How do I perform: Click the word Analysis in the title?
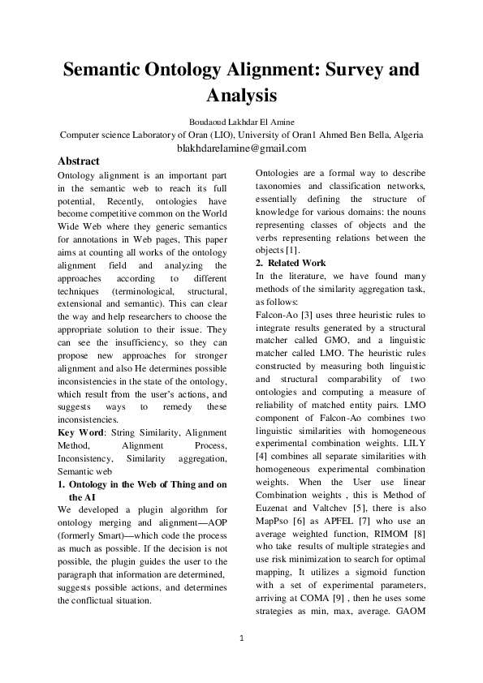pyautogui.click(x=241, y=95)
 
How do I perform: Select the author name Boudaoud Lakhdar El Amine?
pyautogui.click(x=241, y=121)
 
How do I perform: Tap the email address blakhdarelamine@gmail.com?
pyautogui.click(x=241, y=148)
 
